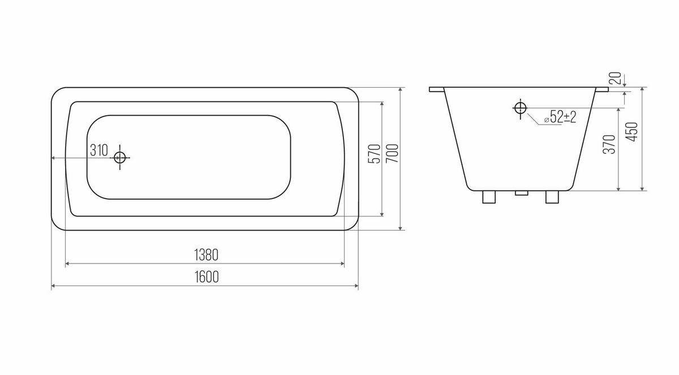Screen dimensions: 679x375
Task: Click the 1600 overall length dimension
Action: [x=207, y=276]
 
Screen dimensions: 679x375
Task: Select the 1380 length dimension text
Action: [x=206, y=255]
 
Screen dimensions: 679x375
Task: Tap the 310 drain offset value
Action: [x=99, y=150]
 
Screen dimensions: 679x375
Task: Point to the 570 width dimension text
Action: [x=375, y=154]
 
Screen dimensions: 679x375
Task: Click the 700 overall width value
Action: [x=392, y=153]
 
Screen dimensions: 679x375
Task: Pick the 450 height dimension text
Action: [x=633, y=131]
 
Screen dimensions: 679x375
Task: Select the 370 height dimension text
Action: [x=609, y=144]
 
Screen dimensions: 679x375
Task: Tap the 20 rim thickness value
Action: [x=616, y=78]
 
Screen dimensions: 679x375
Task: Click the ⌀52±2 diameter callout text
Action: [x=560, y=117]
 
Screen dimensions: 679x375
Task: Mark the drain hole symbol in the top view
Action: [x=120, y=157]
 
